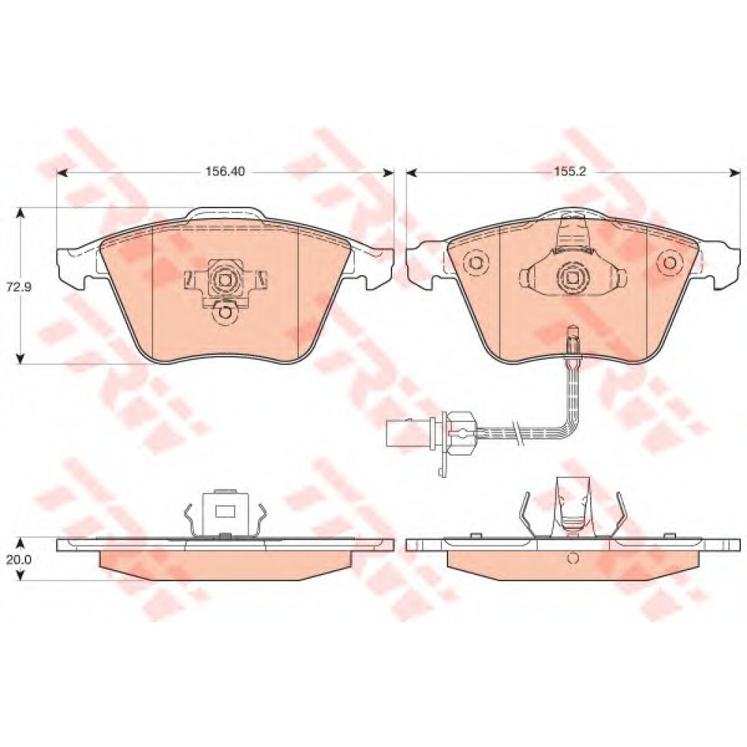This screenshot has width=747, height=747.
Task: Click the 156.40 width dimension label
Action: tap(225, 172)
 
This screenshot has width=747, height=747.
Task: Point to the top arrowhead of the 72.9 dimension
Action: tap(20, 212)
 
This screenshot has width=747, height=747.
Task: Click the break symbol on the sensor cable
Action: tap(514, 431)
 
